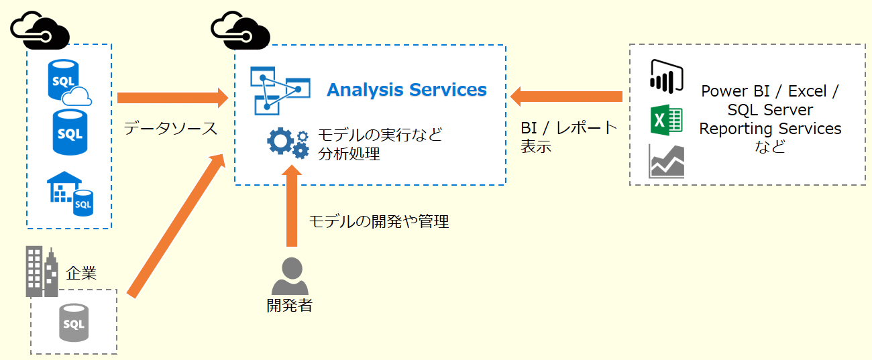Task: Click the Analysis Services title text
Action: pos(406,90)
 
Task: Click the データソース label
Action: pos(170,129)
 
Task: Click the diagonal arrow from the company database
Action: pos(178,225)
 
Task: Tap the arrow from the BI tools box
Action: pos(566,97)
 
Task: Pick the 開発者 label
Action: pos(289,306)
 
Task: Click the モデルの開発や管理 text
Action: pos(378,221)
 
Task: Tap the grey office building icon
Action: pos(42,271)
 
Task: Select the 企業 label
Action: pos(81,273)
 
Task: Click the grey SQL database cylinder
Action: pos(73,322)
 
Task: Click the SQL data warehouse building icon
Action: pos(70,194)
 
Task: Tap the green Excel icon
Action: pos(665,121)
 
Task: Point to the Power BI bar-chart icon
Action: pos(665,76)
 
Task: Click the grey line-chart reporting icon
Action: pos(666,162)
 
